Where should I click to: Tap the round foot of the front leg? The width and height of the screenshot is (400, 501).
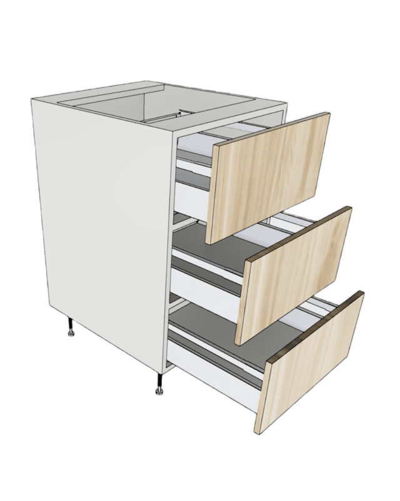(x=158, y=393)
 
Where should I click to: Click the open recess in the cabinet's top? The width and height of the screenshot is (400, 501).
(x=156, y=103)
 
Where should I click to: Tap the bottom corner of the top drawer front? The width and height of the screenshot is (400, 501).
(x=207, y=244)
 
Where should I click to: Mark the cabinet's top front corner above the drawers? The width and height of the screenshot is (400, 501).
(x=175, y=130)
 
